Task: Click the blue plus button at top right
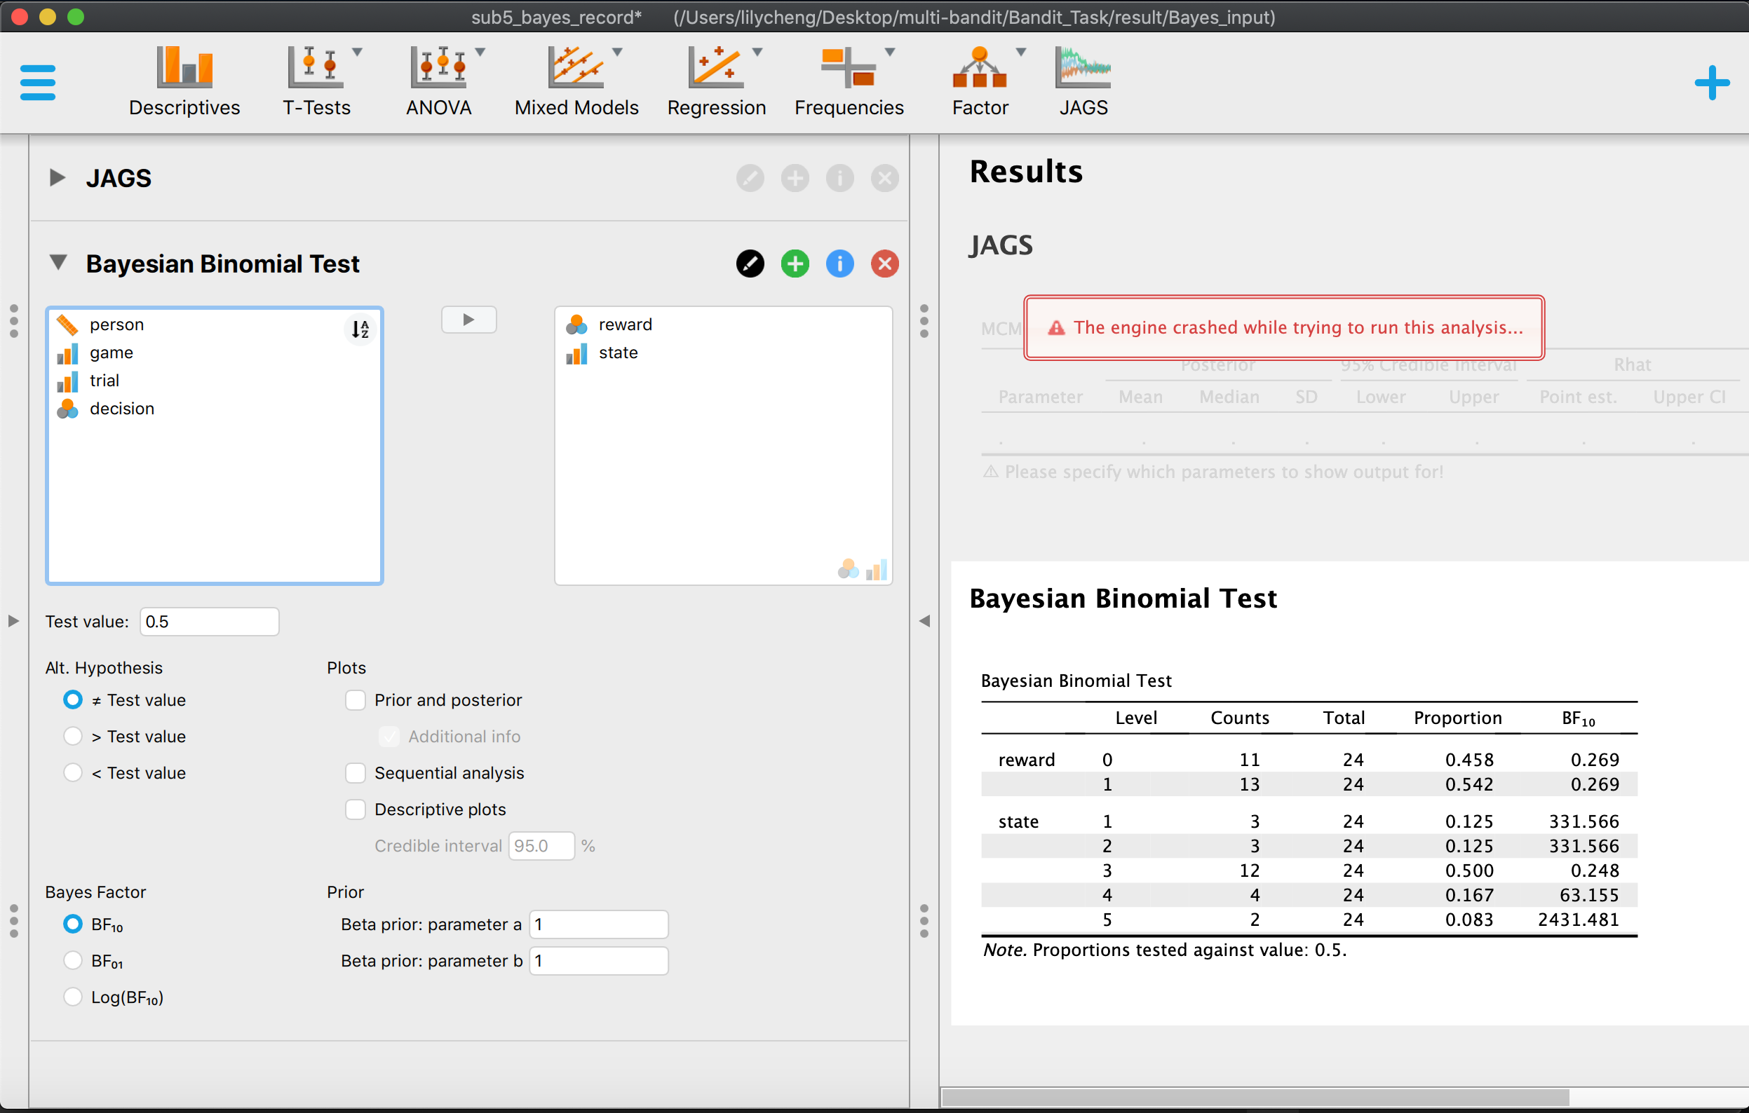(x=1712, y=83)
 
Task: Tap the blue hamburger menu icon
(x=38, y=83)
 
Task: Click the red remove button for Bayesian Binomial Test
(x=884, y=264)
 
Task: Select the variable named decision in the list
(x=122, y=409)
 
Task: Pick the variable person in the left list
(x=117, y=325)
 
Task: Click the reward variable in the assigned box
(x=625, y=325)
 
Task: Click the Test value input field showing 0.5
(x=209, y=622)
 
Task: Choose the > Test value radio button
(x=73, y=736)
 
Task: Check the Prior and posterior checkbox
(x=355, y=700)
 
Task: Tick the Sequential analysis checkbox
(x=355, y=772)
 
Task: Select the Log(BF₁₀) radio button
(x=73, y=997)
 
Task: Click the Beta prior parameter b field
(x=597, y=960)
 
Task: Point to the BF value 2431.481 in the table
(x=1578, y=920)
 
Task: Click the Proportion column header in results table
(x=1457, y=718)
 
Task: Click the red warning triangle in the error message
(x=1056, y=328)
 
